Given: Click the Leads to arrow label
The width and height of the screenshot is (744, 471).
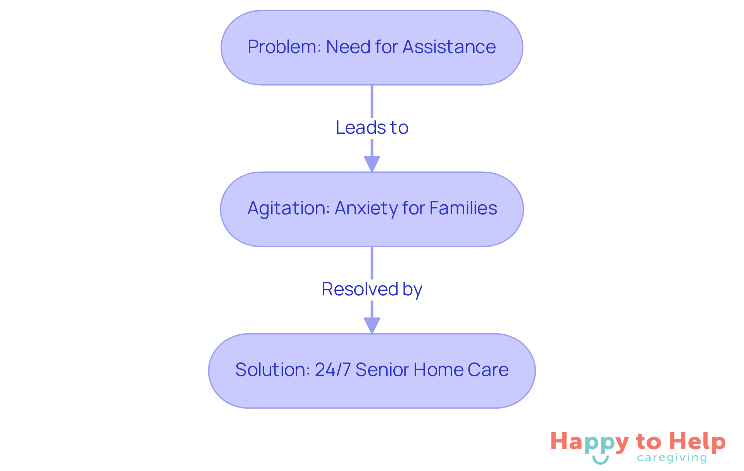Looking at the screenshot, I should point(372,128).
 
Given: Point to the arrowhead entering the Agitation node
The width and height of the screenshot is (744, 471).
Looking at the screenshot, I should point(372,164).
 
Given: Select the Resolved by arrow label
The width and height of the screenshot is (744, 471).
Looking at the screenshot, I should point(372,289).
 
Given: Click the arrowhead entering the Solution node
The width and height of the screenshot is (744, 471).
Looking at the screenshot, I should point(372,325).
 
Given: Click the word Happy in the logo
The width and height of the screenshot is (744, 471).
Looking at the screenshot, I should point(589,443).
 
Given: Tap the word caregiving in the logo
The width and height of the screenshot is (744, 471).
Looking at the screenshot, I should point(672,458).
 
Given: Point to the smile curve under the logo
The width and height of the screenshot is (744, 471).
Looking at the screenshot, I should point(600,460).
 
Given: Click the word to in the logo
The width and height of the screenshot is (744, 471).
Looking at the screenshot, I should point(649,442).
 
